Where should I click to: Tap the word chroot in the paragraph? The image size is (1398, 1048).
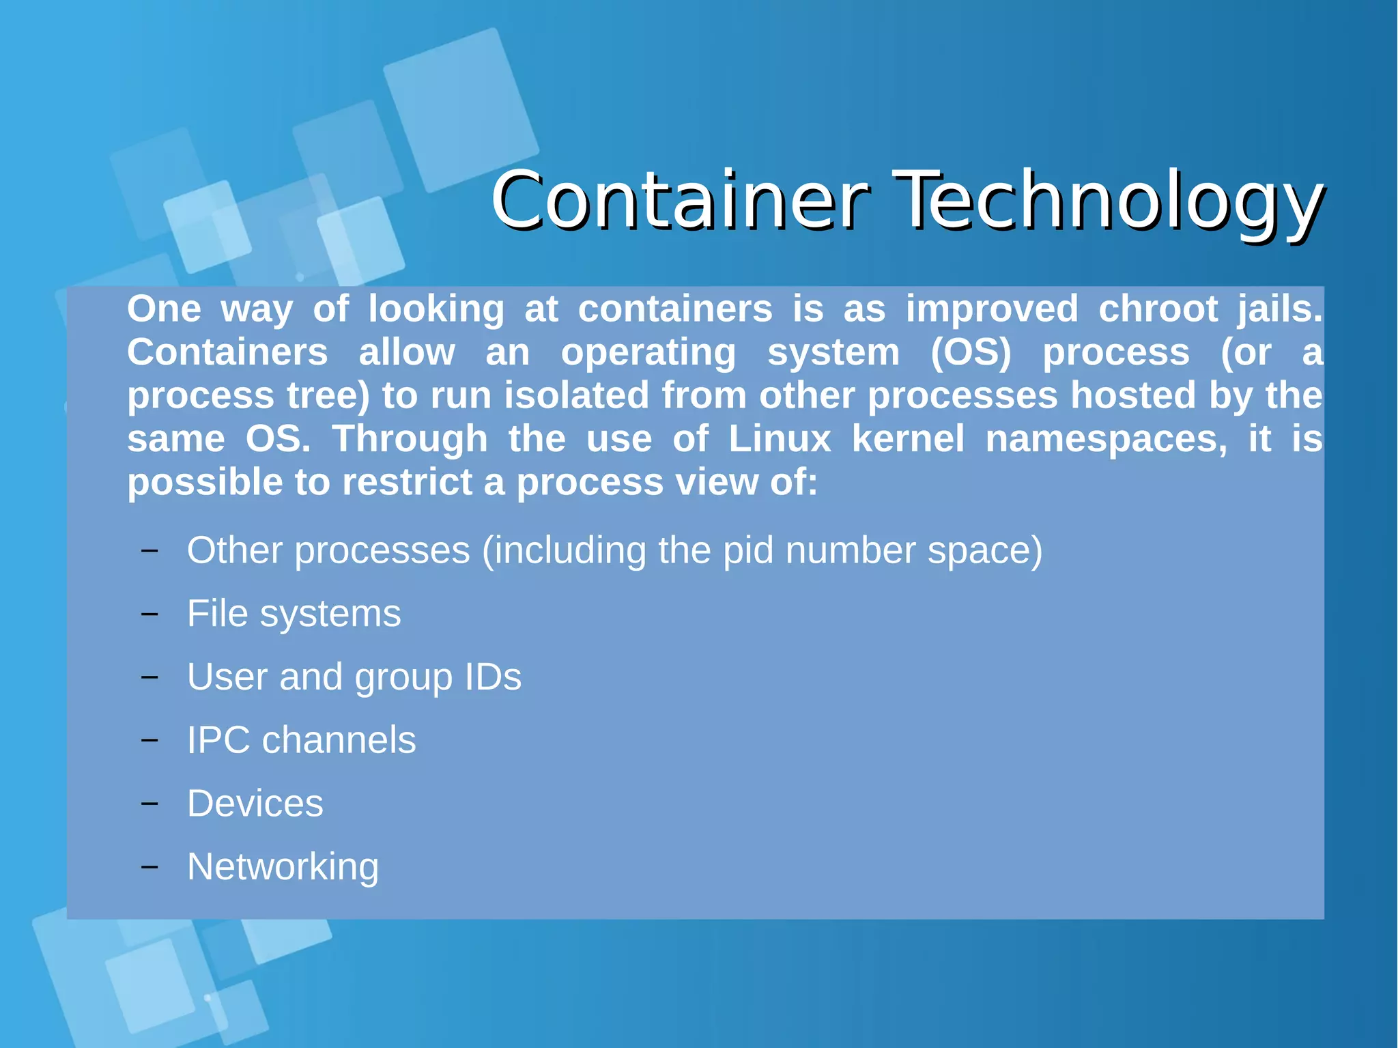coord(1158,309)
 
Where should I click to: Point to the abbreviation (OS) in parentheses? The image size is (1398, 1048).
coord(971,352)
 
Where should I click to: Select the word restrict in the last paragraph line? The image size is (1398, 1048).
coord(407,482)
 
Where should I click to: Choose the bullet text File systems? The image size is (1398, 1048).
coord(294,614)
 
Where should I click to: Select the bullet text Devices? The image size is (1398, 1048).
coord(255,804)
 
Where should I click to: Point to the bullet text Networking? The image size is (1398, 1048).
coord(283,867)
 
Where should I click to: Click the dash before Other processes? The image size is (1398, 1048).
coord(149,550)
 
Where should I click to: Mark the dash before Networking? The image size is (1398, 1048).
coord(149,867)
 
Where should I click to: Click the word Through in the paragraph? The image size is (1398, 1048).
coord(410,438)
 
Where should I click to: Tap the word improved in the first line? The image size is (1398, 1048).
coord(992,309)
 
